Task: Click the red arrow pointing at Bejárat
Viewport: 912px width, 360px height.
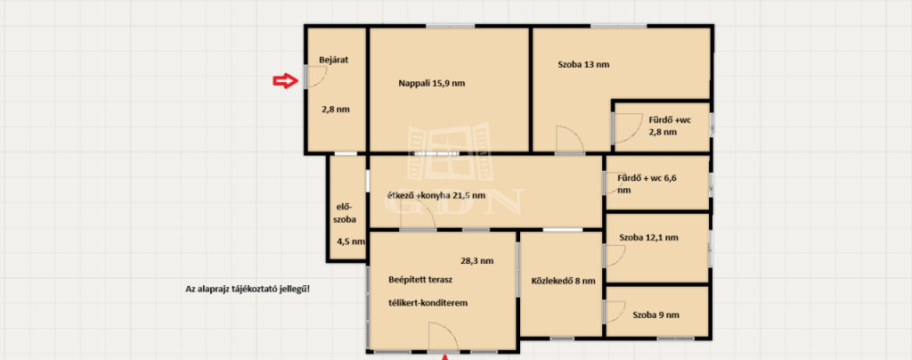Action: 285,81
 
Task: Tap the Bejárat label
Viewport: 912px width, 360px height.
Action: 334,60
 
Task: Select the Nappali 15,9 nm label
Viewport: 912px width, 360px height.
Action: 432,83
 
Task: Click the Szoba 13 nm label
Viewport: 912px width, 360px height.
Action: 583,64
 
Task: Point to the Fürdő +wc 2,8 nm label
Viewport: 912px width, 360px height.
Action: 670,127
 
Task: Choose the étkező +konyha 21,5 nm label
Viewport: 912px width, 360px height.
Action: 436,195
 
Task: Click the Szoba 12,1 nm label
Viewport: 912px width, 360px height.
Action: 648,237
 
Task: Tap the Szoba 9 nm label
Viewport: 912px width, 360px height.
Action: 655,315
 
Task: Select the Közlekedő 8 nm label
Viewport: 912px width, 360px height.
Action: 563,282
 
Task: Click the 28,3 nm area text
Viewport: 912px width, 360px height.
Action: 477,260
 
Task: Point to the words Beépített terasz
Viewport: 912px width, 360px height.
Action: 420,280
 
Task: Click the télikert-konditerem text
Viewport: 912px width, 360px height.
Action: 427,303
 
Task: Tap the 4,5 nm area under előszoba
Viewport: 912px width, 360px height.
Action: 351,241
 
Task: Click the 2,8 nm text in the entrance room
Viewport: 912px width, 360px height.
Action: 336,109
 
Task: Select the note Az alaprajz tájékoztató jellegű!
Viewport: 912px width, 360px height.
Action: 248,289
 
